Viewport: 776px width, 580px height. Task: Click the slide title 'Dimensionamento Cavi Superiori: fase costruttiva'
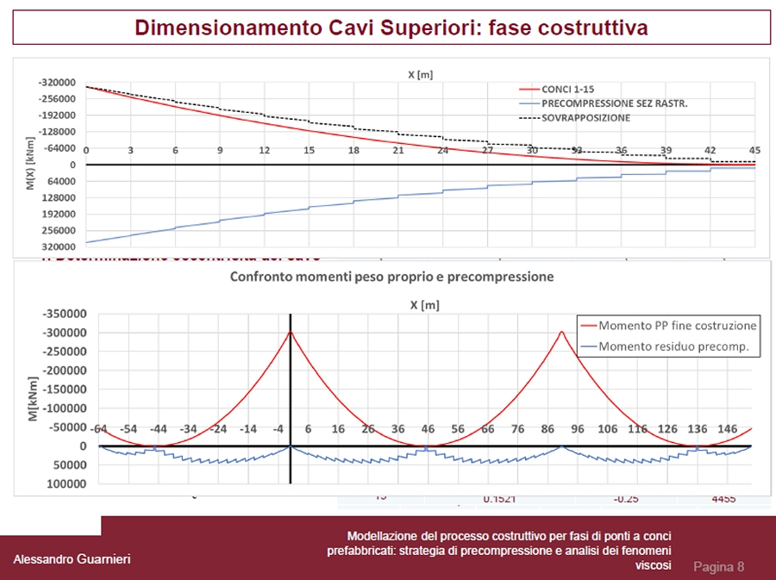(391, 28)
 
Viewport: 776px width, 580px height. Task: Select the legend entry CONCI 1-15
(567, 89)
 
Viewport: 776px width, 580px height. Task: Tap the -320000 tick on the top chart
(57, 83)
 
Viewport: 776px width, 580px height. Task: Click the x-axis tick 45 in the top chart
(754, 150)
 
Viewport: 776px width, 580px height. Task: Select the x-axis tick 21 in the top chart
(398, 150)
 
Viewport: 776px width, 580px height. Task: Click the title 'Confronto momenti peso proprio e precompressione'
(391, 278)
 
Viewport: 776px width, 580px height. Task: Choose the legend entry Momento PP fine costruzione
(677, 326)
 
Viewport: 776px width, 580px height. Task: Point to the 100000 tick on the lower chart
(66, 483)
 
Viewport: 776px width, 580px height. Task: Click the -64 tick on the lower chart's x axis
(100, 428)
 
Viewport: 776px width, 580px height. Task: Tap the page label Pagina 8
(718, 566)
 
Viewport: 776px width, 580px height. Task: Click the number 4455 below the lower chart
(724, 498)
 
